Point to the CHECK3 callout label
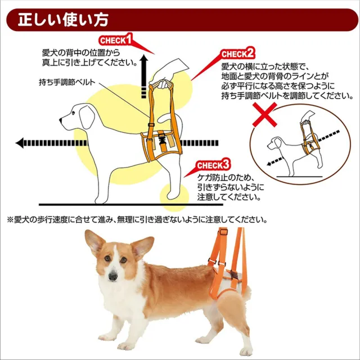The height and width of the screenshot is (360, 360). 213,165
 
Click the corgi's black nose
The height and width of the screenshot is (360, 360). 112,275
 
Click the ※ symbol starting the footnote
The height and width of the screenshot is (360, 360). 9,219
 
